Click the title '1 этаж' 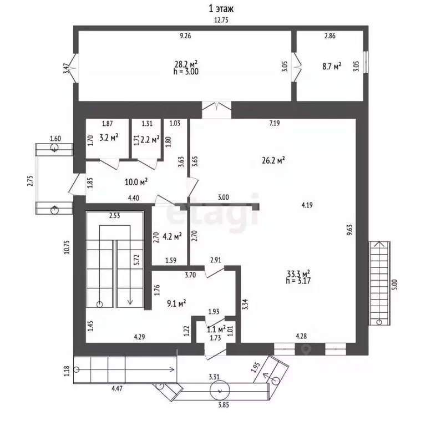[221, 9]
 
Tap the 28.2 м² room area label [186, 64]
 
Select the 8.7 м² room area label [332, 67]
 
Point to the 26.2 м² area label [273, 160]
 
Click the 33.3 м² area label [298, 273]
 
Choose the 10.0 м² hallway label [136, 182]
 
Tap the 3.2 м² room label [109, 138]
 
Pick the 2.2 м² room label [150, 140]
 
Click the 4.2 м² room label [172, 237]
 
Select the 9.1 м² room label [176, 303]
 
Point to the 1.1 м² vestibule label [216, 329]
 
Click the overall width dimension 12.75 [221, 20]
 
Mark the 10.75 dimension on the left [67, 247]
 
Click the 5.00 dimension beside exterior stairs [395, 285]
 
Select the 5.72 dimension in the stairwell [136, 260]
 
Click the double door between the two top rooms [296, 67]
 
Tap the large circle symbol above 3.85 [220, 390]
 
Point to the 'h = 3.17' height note [298, 281]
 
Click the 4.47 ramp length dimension [117, 388]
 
